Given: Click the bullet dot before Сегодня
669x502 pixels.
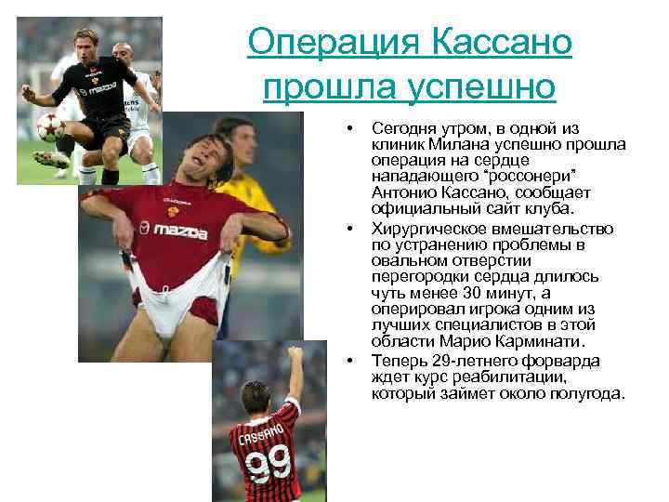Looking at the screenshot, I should (350, 126).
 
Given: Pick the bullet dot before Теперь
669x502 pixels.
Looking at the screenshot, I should (350, 361).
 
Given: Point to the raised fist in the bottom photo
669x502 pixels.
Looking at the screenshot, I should (295, 353).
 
